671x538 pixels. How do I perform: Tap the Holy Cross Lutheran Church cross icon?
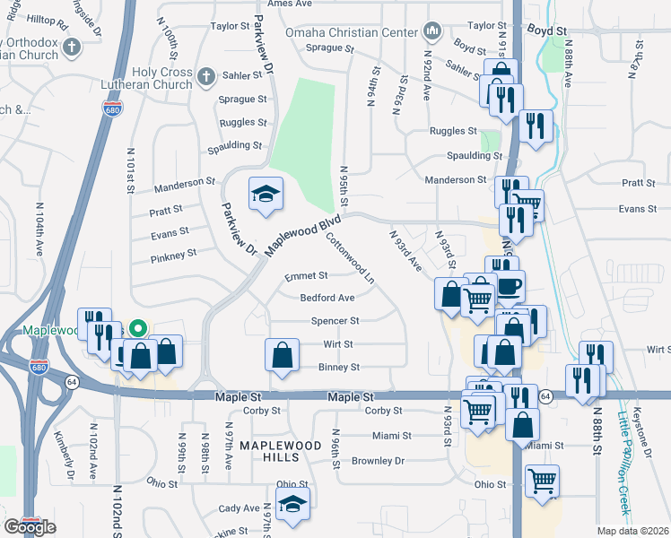tap(206, 77)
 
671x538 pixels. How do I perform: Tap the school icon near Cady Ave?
tap(292, 506)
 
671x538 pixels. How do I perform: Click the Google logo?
tap(30, 526)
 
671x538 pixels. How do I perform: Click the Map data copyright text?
tap(632, 531)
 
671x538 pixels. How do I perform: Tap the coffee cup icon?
tap(510, 287)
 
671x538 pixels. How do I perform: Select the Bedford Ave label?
tap(327, 298)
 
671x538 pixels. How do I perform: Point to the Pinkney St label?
tap(174, 255)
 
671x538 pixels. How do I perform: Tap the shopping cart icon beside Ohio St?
tap(541, 482)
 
